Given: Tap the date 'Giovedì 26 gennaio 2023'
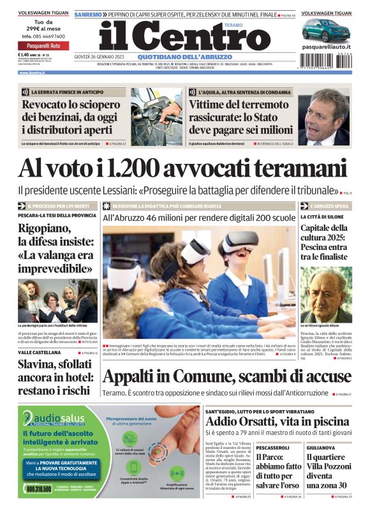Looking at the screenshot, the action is pos(96,55).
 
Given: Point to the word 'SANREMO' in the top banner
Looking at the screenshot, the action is pos(87,13).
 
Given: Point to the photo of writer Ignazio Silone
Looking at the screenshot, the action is pos(325,294).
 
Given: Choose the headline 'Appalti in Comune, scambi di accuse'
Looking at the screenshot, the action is pos(226,377).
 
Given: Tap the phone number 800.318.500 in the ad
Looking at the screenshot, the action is pos(39,489).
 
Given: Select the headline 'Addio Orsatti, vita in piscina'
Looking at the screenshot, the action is pos(277,422).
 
